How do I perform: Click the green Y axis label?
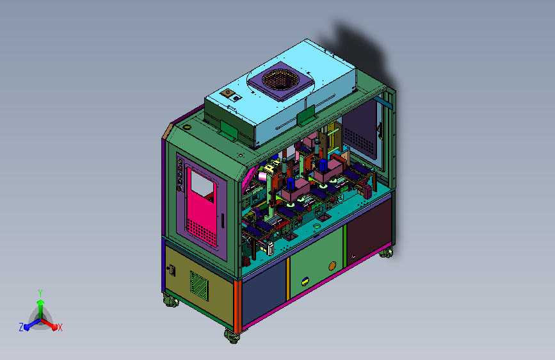[40, 293]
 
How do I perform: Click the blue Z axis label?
[21, 327]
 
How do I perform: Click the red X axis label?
[60, 327]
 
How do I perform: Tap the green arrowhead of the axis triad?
[41, 303]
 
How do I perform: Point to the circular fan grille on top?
[279, 79]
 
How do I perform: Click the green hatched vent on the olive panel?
[199, 286]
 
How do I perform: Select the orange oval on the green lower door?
[332, 266]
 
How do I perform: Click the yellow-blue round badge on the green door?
[305, 282]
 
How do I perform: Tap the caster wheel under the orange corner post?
[232, 336]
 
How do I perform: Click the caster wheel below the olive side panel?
[171, 301]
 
